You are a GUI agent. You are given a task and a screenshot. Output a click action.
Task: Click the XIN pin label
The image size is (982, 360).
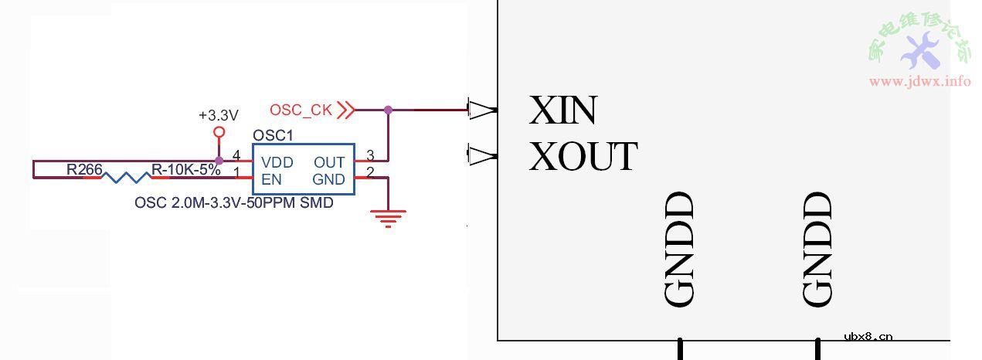tap(562, 110)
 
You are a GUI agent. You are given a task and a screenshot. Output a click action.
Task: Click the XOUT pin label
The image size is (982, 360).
tap(583, 157)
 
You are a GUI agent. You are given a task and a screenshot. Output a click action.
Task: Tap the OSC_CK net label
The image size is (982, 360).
tap(301, 110)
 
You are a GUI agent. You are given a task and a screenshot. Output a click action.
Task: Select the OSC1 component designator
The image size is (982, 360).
tap(274, 135)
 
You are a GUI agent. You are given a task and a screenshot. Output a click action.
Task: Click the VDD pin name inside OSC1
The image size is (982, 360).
tap(277, 162)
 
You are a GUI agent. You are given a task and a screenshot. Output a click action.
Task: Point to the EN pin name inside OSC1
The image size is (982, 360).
tap(271, 180)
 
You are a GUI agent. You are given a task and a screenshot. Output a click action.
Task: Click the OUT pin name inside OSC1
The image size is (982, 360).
tap(329, 162)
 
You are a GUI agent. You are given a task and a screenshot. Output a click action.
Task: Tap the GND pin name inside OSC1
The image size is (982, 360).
tap(328, 180)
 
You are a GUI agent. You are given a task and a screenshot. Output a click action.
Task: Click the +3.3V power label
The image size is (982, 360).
tap(218, 115)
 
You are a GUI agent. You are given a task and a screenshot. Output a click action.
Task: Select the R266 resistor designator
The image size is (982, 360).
tap(84, 169)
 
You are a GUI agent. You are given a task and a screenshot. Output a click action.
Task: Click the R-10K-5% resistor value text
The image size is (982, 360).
tap(185, 170)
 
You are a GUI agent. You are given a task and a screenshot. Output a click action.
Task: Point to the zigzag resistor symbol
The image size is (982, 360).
tap(127, 178)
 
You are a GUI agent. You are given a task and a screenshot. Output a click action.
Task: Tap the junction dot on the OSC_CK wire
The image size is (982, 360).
tap(388, 110)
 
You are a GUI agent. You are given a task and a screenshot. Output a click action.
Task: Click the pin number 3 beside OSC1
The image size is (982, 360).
tap(370, 156)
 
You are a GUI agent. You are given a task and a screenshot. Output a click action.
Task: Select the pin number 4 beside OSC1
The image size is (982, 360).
tap(236, 156)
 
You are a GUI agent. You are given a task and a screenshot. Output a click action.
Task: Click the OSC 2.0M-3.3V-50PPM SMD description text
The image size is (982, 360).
tap(234, 203)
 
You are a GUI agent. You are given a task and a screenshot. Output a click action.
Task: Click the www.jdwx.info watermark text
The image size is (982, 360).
tap(919, 81)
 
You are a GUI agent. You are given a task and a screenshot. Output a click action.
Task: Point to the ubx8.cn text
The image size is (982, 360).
tap(868, 336)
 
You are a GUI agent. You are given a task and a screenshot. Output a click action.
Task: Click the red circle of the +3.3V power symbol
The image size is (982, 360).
tap(218, 132)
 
